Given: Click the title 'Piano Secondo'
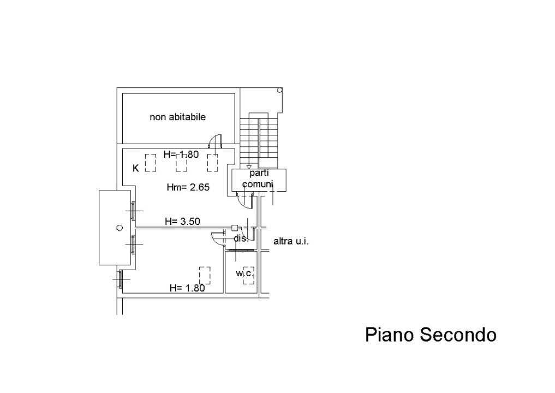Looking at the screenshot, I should (431, 334).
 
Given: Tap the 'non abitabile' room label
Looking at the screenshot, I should (177, 117).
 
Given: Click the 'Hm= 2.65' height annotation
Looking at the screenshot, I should (188, 188).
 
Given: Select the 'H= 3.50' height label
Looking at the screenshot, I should (183, 221).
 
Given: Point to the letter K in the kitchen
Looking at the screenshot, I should (136, 168).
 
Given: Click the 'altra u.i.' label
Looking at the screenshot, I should (291, 241).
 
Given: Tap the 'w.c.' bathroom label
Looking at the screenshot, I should (244, 273).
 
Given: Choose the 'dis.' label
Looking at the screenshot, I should (241, 239).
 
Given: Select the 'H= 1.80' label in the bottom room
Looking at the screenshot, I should (187, 288).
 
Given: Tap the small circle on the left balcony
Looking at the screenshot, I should (120, 228).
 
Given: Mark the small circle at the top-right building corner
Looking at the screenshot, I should (279, 90).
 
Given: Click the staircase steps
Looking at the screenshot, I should (259, 139).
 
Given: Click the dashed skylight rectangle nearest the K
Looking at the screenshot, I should (151, 163).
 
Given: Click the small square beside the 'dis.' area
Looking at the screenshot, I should (234, 228).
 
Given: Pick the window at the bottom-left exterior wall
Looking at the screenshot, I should (120, 279).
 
